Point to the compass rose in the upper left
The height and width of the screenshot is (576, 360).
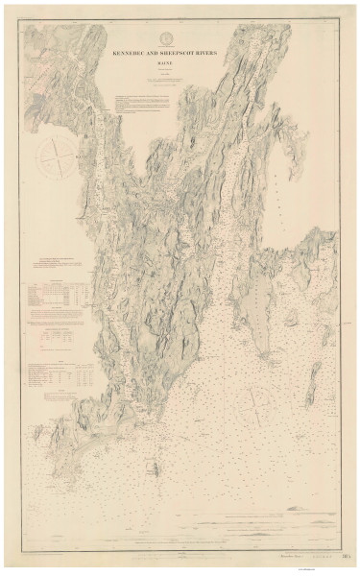pyautogui.click(x=56, y=154)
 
